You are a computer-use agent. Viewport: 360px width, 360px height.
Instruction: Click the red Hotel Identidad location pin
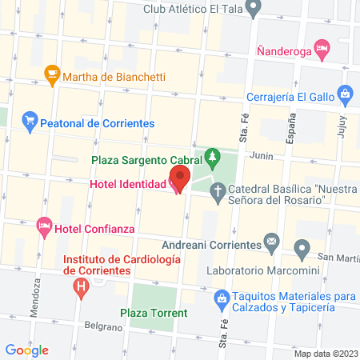coord(179,178)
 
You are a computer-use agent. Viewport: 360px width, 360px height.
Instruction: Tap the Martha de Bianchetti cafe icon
coord(52,76)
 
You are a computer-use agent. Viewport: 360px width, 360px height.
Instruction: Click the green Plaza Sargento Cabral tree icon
coord(213,156)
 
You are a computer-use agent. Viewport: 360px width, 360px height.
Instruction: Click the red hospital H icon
coord(80,286)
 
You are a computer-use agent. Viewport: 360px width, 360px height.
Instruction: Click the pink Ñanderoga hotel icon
coord(322,50)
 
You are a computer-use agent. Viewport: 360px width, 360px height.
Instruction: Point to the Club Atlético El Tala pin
coord(254,10)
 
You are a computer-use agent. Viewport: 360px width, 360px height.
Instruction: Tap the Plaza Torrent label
coord(154,312)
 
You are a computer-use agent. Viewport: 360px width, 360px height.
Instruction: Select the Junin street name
coord(262,156)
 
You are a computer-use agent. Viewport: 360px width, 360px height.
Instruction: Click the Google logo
coord(27,350)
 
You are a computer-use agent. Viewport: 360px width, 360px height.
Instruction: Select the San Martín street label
coord(337,258)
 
